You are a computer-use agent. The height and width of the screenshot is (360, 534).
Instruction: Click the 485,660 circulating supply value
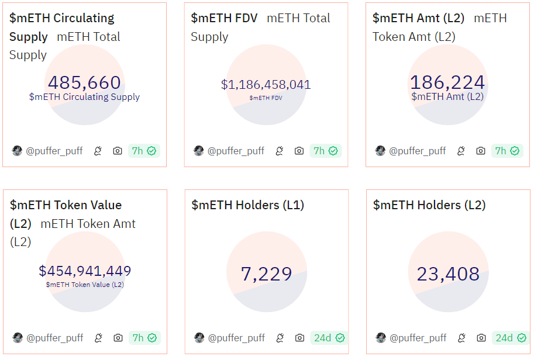pos(84,82)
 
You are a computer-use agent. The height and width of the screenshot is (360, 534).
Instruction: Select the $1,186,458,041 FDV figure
pos(266,85)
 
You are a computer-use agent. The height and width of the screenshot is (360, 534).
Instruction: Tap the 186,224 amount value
pos(447,82)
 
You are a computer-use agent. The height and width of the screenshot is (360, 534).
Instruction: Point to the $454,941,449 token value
pos(85,271)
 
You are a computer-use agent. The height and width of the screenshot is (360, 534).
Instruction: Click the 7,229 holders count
pos(266,274)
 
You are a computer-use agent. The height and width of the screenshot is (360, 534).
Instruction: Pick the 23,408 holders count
pos(448,274)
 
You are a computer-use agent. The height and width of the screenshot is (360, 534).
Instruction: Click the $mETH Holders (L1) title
pos(247,205)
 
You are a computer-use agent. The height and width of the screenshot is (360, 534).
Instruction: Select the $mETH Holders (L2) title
pos(429,205)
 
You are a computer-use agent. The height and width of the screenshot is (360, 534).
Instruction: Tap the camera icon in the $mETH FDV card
pos(299,151)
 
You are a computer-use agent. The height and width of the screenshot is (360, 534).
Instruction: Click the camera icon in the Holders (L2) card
pos(481,338)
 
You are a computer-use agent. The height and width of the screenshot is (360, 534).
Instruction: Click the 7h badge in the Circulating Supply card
pos(144,151)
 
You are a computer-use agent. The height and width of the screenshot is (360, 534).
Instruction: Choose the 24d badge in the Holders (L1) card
pos(328,338)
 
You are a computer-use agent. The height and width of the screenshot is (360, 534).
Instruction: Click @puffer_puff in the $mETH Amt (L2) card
pos(418,151)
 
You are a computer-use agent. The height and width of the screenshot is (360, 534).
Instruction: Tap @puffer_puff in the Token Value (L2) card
pos(55,338)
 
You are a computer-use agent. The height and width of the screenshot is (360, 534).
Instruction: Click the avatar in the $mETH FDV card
pos(199,151)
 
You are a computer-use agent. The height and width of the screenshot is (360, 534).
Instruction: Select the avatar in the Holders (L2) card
pos(380,338)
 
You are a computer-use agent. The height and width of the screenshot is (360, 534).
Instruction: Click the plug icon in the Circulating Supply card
pos(98,151)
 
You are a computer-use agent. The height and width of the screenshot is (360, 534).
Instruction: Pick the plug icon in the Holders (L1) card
pos(280,338)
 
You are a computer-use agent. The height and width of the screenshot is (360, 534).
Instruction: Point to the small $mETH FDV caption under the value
pos(266,98)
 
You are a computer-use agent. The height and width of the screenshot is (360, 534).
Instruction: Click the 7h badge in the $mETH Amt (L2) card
pos(507,151)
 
